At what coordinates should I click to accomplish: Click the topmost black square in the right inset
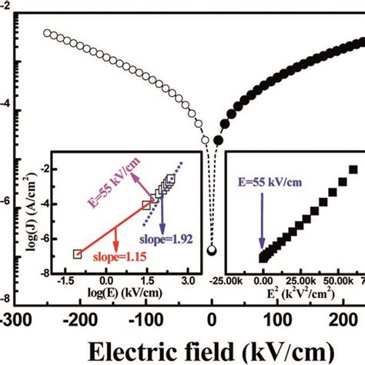coord(354,169)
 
